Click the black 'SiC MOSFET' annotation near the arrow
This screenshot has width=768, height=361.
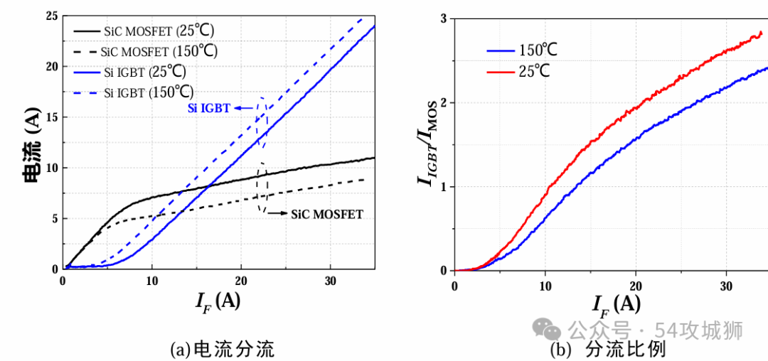[x=326, y=214]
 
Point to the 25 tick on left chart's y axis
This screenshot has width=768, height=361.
[x=50, y=16]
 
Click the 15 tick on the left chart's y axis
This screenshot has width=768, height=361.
[x=50, y=117]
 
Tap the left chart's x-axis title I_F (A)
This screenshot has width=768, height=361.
[x=218, y=301]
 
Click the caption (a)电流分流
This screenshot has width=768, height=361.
[x=222, y=349]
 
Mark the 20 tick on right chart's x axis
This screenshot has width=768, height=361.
[x=636, y=285]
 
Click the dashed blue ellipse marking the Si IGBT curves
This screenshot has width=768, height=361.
[x=262, y=122]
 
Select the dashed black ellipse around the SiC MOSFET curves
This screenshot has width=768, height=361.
[x=262, y=188]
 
